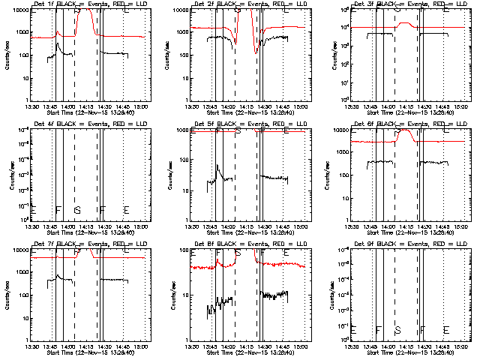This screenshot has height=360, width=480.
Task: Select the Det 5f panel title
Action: [247, 125]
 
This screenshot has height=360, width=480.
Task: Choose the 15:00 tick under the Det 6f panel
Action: [461, 226]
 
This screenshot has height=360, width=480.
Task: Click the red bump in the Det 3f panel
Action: [406, 23]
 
